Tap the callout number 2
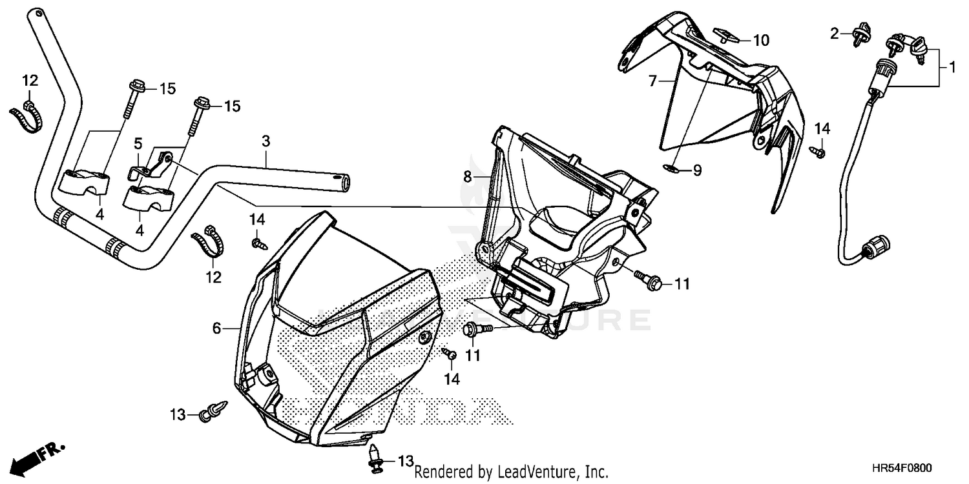click(834, 33)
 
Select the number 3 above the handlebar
click(266, 141)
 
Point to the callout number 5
click(137, 142)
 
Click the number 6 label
click(217, 328)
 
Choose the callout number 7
click(652, 81)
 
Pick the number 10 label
click(760, 41)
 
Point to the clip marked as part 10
click(722, 35)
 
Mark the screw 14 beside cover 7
click(817, 151)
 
